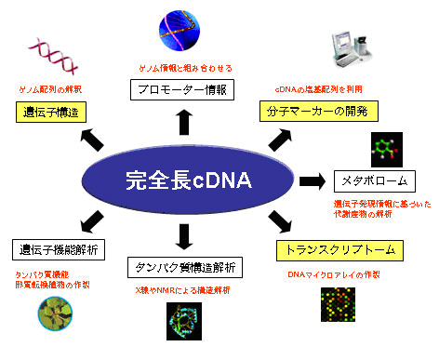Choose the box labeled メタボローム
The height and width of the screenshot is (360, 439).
coord(370,180)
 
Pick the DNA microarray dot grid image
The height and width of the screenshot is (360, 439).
coord(340,311)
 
